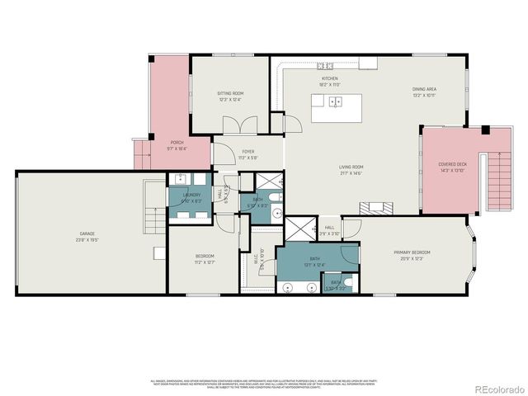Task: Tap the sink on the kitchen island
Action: (336, 102)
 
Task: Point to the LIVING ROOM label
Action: (351, 167)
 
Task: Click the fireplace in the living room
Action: (377, 206)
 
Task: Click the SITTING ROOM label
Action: (230, 94)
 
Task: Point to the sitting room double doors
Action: (235, 127)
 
